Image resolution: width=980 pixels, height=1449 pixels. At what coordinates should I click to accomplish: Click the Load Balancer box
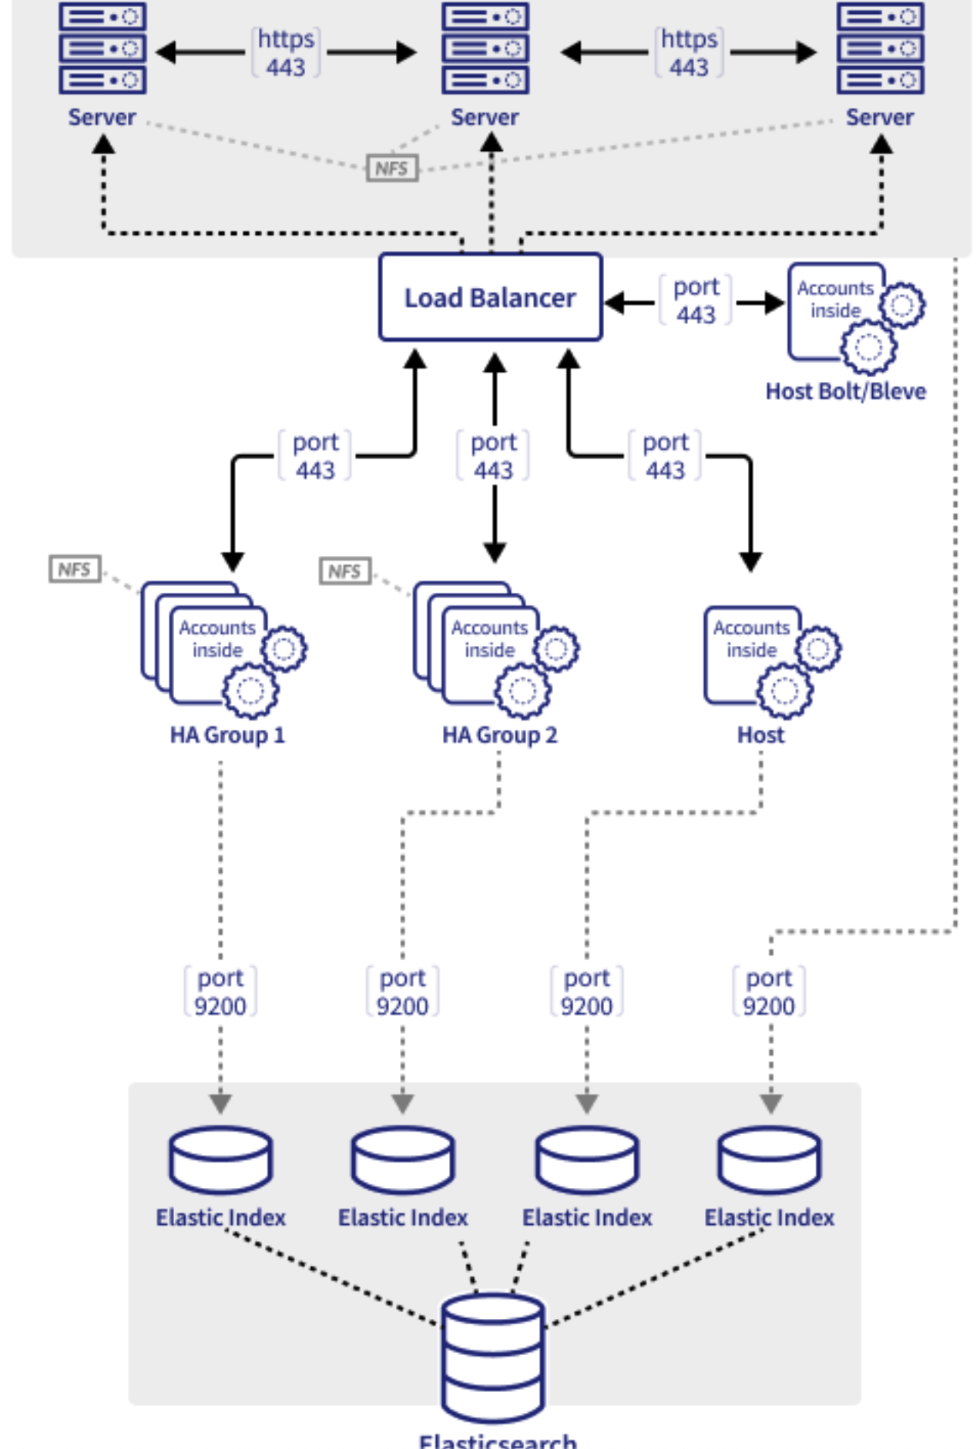tap(490, 297)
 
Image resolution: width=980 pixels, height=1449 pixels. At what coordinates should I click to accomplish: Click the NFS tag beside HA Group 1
tap(74, 570)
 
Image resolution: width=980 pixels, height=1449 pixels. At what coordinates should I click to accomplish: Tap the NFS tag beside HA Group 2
tap(344, 571)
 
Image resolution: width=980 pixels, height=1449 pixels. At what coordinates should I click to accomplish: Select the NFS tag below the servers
tap(391, 169)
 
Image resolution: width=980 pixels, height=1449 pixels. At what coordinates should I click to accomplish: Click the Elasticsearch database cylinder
tap(493, 1358)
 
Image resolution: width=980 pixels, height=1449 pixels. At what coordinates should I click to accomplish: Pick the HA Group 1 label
tap(227, 735)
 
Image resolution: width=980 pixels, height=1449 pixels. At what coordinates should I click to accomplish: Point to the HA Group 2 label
tap(499, 735)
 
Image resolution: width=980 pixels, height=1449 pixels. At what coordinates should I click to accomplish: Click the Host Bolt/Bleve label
tap(845, 392)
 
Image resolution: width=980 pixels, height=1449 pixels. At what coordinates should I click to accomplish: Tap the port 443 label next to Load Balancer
tap(696, 300)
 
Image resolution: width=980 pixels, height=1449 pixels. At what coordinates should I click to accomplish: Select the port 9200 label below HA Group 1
tap(220, 992)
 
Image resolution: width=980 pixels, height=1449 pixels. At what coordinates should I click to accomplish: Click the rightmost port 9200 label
tap(769, 992)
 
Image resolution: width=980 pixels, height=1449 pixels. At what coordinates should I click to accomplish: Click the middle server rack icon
tap(485, 48)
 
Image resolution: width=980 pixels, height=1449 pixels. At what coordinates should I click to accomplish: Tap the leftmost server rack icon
tap(102, 48)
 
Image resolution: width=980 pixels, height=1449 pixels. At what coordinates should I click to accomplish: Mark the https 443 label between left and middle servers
tap(286, 52)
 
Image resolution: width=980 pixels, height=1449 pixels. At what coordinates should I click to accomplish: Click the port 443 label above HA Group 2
tap(493, 456)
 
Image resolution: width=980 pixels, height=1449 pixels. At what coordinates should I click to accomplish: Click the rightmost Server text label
tap(879, 118)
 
